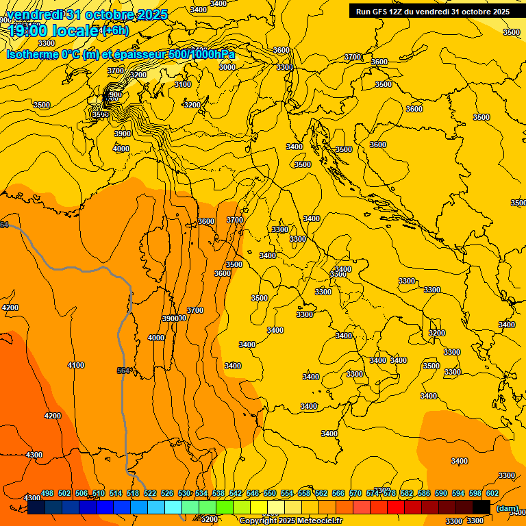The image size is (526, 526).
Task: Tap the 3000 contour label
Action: [x=227, y=67]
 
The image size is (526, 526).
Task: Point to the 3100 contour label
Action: [x=182, y=84]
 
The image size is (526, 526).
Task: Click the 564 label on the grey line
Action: [x=123, y=371]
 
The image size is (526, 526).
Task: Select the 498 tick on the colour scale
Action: [x=47, y=494]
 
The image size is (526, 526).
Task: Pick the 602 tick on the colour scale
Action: [x=492, y=494]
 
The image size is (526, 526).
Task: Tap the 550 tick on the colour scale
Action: [x=270, y=494]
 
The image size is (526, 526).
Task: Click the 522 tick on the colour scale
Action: [x=150, y=494]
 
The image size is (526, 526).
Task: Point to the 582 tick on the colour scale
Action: [x=407, y=494]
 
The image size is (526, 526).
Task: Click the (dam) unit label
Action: [x=507, y=508]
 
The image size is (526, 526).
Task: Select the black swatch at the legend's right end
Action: [x=481, y=507]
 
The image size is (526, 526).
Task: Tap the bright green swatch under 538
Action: [x=224, y=507]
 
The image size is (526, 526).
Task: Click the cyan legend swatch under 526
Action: [x=173, y=507]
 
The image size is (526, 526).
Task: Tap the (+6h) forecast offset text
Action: [x=115, y=30]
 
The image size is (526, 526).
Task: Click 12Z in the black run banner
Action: [x=396, y=12]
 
